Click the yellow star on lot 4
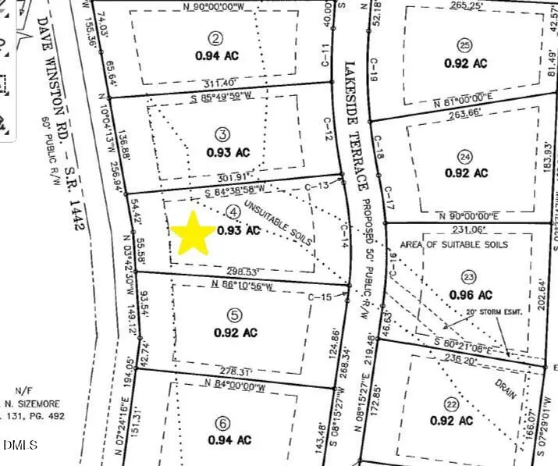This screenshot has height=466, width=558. [192, 233]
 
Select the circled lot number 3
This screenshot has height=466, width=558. [222, 133]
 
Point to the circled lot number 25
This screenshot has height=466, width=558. [465, 44]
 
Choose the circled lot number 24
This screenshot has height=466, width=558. [467, 155]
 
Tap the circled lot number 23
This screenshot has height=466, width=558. [468, 276]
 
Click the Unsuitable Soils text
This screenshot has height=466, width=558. [279, 222]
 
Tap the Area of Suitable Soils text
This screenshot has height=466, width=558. [464, 244]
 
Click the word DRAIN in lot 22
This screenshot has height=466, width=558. [504, 387]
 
